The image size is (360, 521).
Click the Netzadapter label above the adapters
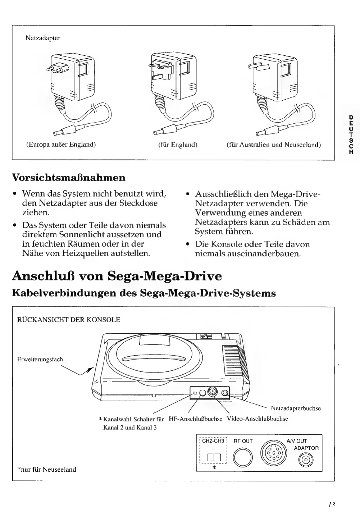tap(43, 38)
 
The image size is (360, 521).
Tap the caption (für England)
tap(178, 145)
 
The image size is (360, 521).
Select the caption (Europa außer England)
tap(61, 145)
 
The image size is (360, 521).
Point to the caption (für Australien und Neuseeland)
tap(273, 145)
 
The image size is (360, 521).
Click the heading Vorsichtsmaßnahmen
tap(69, 177)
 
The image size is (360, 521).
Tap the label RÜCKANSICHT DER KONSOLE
tap(69, 320)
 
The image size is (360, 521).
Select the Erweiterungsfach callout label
tap(40, 359)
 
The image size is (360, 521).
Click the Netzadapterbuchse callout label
tap(296, 408)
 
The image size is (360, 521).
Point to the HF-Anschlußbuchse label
tap(196, 419)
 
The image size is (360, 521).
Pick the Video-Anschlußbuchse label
tap(257, 419)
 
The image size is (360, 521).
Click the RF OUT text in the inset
tap(243, 441)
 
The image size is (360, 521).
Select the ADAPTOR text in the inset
tap(306, 448)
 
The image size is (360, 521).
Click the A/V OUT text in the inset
tap(297, 441)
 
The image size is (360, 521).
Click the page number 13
tap(332, 504)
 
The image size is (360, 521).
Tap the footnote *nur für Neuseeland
tap(47, 469)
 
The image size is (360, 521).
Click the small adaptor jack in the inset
tap(306, 460)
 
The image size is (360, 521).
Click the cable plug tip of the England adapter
tap(156, 133)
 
